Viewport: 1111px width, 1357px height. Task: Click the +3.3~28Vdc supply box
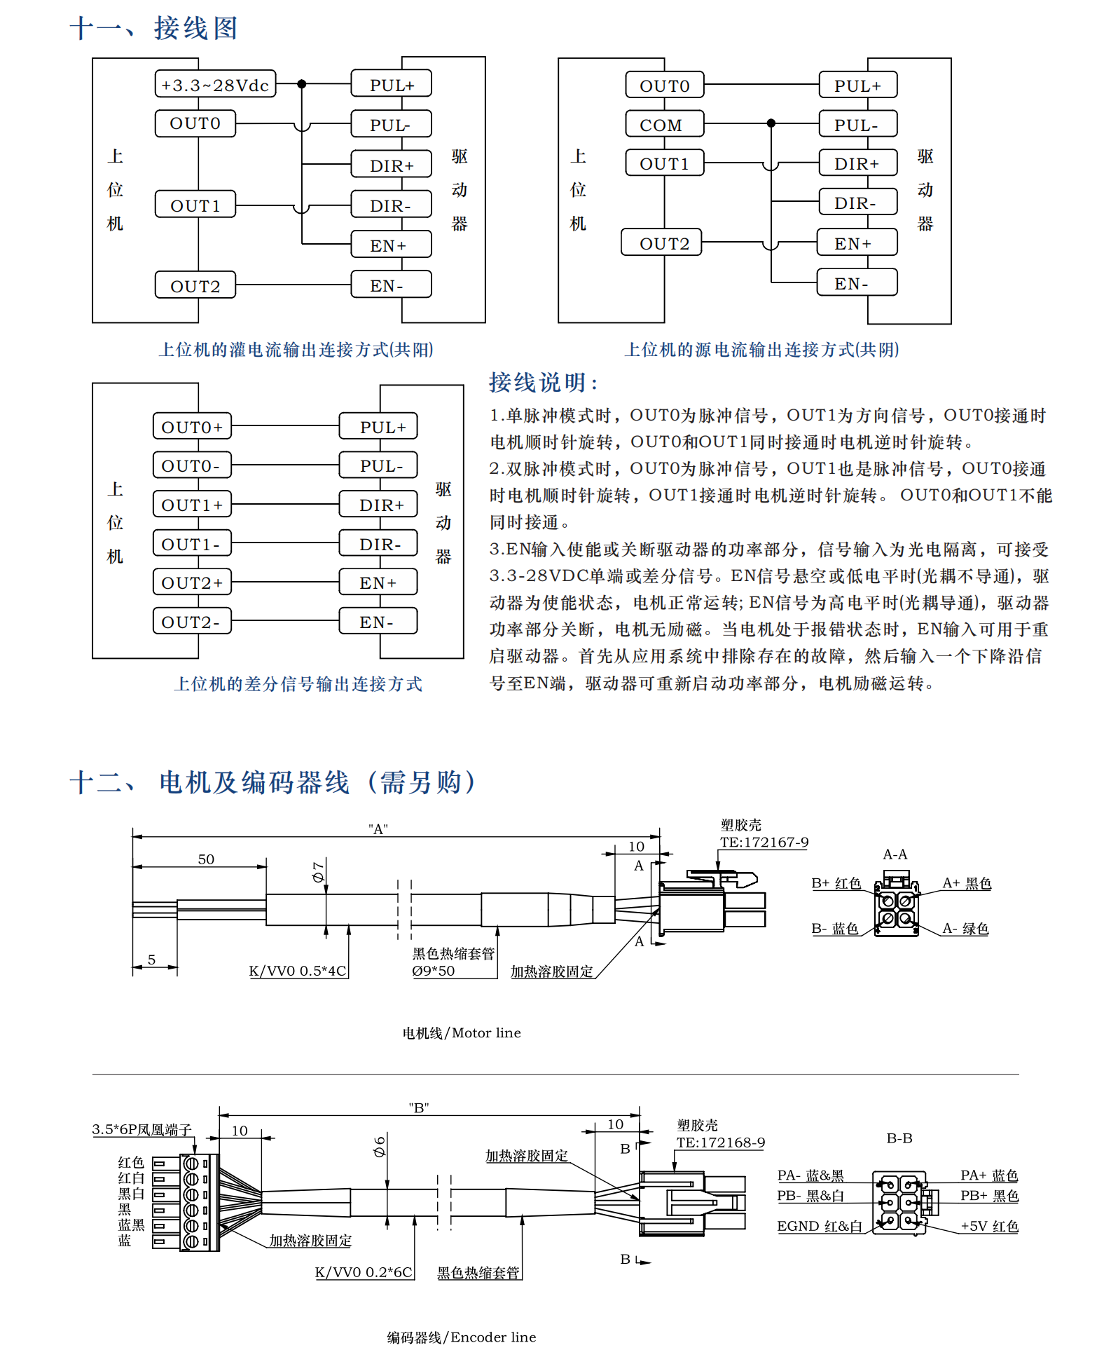coord(215,85)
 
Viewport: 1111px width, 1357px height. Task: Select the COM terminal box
coord(664,125)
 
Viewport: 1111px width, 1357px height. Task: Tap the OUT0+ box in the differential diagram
coord(191,427)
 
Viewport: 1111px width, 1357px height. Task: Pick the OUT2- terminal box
coord(191,622)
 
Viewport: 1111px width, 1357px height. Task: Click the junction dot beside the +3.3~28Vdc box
coord(302,84)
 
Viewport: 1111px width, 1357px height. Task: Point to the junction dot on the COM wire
coord(771,123)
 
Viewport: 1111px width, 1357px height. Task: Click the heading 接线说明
coord(543,383)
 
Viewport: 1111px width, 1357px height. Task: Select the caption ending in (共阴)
coord(761,350)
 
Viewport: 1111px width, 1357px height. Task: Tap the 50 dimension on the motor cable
coord(206,859)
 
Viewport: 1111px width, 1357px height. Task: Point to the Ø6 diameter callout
coord(380,1147)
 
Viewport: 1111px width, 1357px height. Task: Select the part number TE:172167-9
coord(764,843)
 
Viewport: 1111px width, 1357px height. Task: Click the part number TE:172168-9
coord(721,1143)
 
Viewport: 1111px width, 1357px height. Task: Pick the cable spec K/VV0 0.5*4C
coord(298,971)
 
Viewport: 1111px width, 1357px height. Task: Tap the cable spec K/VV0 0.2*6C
coord(364,1272)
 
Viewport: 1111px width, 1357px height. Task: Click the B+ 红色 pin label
coord(836,883)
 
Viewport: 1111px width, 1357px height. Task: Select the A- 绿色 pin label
coord(965,929)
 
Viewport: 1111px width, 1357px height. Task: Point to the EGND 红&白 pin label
coord(820,1226)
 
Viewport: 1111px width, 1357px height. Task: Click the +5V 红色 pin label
coord(989,1226)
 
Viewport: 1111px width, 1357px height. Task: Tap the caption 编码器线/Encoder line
coord(462,1337)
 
